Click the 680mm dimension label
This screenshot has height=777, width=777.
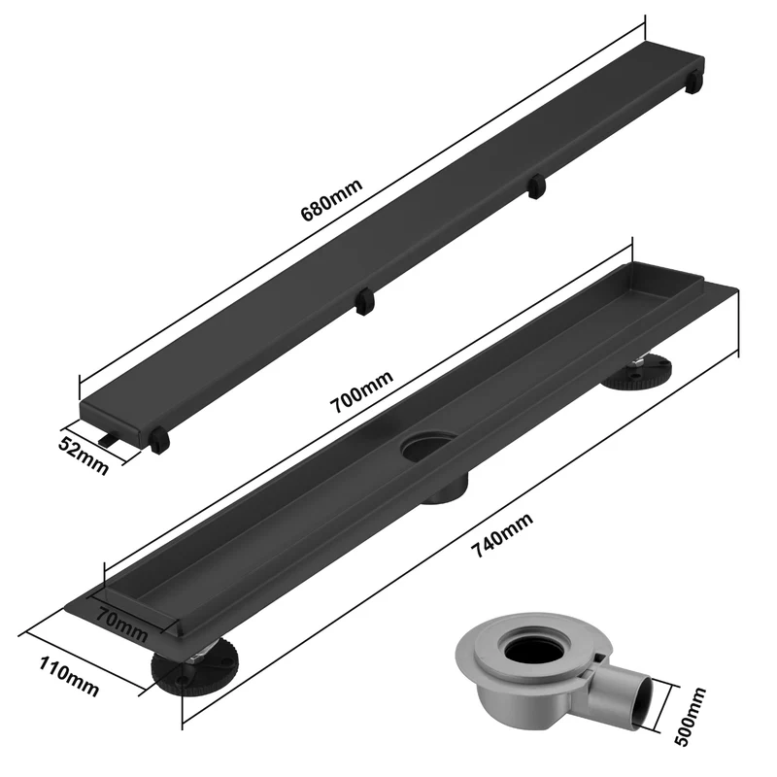click(x=331, y=199)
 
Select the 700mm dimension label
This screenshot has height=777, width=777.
click(x=361, y=391)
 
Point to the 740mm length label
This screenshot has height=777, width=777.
click(x=501, y=535)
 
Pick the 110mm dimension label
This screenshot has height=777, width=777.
click(x=69, y=676)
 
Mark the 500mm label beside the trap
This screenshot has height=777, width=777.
click(x=690, y=717)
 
